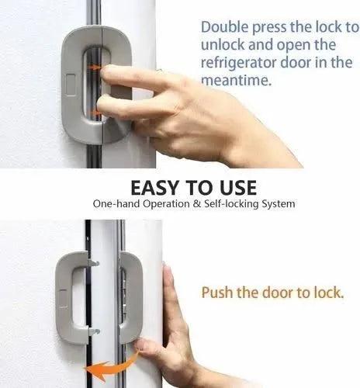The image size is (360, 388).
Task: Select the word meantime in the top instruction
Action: point(233,80)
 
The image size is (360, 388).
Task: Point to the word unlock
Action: point(223,45)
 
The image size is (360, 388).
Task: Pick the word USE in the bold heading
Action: point(234,189)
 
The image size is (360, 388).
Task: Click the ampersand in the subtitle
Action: point(184,205)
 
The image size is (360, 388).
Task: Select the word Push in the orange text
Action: point(216,293)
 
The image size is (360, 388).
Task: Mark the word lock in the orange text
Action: point(334,293)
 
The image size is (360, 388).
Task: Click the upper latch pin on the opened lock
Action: point(96,262)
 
